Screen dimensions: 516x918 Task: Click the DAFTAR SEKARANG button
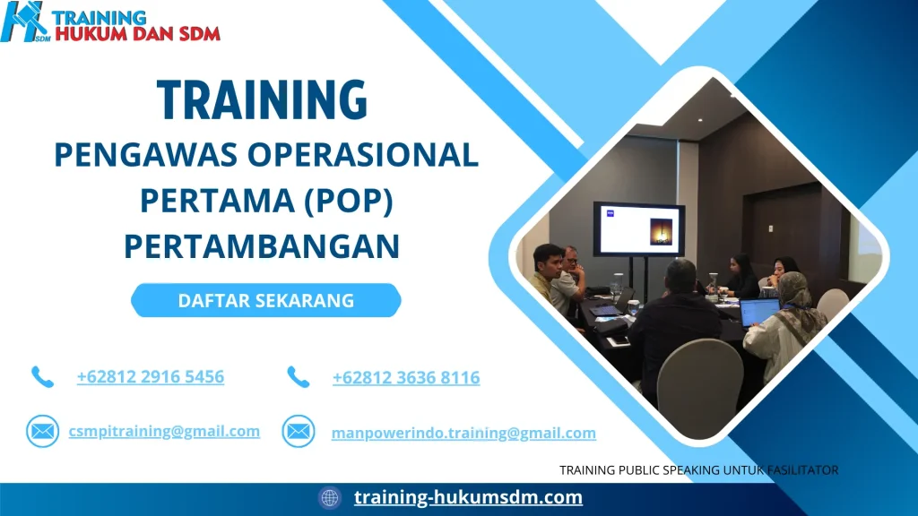tap(266, 301)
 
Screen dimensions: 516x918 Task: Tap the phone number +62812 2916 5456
tap(151, 376)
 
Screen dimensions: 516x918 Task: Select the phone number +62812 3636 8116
tap(406, 378)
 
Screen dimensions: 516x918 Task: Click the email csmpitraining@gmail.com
tap(164, 431)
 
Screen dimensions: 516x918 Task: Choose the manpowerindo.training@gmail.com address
tap(463, 433)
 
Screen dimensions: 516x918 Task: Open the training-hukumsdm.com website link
tap(468, 497)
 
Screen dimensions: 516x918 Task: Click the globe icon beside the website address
tap(330, 498)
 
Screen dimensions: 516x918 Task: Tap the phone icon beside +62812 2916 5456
tap(42, 376)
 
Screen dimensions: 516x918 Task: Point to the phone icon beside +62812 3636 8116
tap(298, 377)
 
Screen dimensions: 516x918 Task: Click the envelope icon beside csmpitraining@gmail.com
tap(41, 432)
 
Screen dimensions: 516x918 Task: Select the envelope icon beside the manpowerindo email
tap(298, 432)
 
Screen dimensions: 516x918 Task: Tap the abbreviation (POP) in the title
tap(345, 201)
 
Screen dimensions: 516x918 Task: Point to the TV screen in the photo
tap(638, 229)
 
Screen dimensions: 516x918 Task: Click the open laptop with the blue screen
tap(758, 312)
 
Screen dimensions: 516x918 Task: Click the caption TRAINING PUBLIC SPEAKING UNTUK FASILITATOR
tap(698, 469)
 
